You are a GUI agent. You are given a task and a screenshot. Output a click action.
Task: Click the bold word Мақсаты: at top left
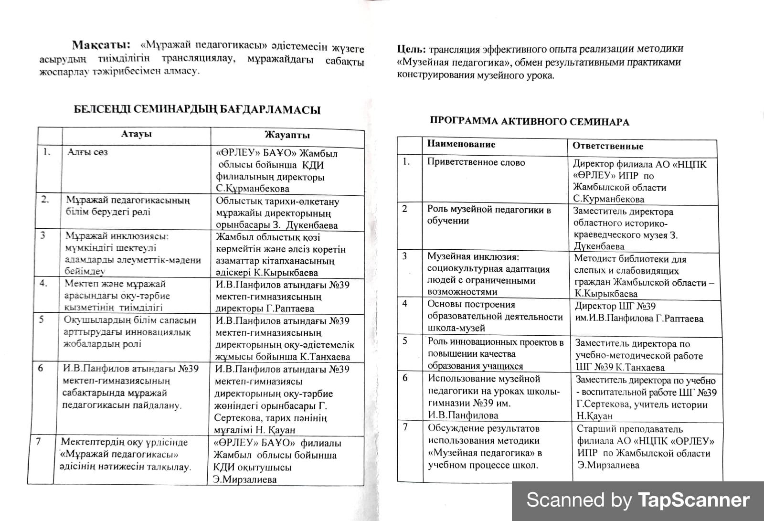pyautogui.click(x=101, y=45)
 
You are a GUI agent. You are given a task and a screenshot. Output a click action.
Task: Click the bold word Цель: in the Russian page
pyautogui.click(x=412, y=49)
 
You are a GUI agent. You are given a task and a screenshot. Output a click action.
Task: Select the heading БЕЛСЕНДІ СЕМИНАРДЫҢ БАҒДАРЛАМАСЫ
pyautogui.click(x=197, y=110)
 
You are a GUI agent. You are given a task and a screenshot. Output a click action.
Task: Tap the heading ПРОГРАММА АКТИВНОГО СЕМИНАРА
pyautogui.click(x=530, y=122)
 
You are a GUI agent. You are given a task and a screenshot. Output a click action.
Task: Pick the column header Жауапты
pyautogui.click(x=287, y=136)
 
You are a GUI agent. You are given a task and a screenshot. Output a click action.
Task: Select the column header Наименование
pyautogui.click(x=461, y=144)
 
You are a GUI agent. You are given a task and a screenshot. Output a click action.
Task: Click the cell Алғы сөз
pyautogui.click(x=87, y=152)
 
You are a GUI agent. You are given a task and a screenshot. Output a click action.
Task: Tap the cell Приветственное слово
pyautogui.click(x=476, y=162)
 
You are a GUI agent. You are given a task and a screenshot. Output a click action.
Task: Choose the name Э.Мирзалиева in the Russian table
pyautogui.click(x=608, y=465)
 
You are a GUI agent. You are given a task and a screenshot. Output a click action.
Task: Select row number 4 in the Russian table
pyautogui.click(x=405, y=303)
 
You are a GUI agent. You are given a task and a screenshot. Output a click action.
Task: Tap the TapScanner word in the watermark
pyautogui.click(x=693, y=500)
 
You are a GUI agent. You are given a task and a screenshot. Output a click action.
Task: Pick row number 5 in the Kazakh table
pyautogui.click(x=42, y=319)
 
